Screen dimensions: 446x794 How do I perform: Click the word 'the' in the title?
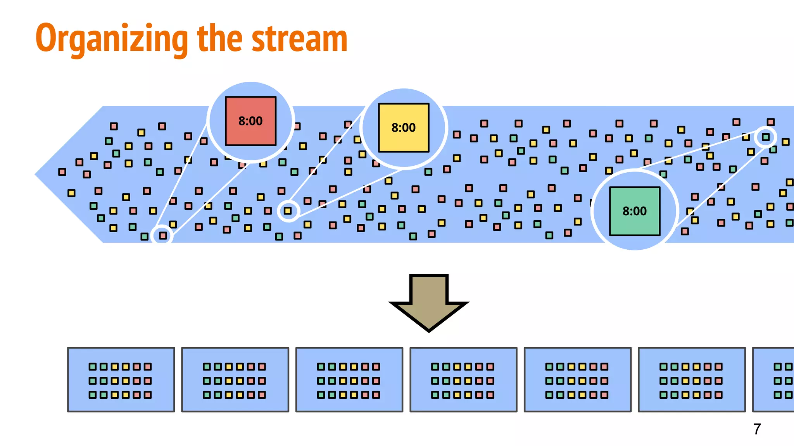coord(219,39)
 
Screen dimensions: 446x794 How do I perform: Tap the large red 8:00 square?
coord(250,121)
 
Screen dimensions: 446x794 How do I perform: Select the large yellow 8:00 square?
coord(404,128)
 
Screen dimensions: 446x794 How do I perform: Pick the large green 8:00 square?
coord(635,211)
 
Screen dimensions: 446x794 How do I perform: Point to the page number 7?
coord(757,429)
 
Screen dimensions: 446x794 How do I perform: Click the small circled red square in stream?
coord(163,235)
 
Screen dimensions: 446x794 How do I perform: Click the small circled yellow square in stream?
coord(288,211)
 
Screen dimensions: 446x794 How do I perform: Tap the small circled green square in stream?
coord(766,137)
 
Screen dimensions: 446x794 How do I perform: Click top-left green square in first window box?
coord(93,367)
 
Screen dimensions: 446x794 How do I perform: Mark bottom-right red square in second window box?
coord(262,395)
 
